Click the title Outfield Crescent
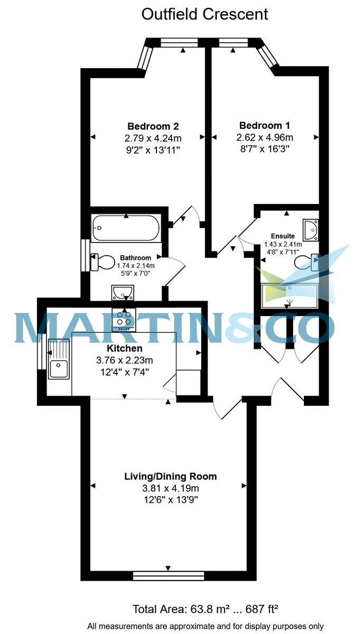(204, 14)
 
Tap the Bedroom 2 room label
(153, 126)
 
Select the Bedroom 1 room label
(265, 126)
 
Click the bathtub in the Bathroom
(126, 228)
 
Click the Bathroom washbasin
(124, 291)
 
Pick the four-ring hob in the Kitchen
(124, 319)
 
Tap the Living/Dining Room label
(170, 477)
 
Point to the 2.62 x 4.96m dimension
(265, 137)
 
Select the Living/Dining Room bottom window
(168, 575)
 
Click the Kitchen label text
(125, 349)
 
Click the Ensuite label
(282, 236)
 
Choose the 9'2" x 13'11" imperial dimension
(153, 150)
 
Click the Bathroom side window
(85, 256)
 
